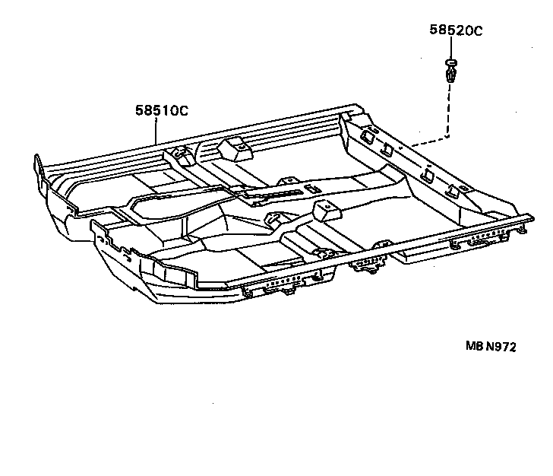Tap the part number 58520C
[455, 31]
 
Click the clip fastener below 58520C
[449, 74]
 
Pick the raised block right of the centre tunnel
[327, 210]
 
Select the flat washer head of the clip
[449, 61]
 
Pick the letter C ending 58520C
[479, 31]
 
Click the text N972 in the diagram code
[501, 347]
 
